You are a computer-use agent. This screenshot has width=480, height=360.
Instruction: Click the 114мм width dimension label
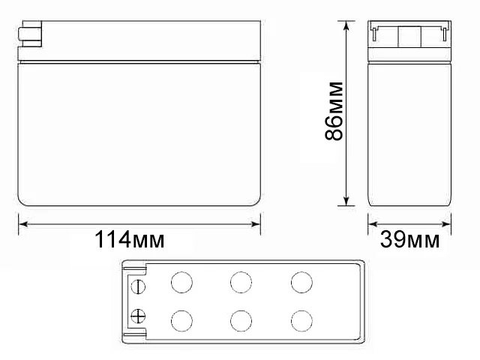click(x=129, y=240)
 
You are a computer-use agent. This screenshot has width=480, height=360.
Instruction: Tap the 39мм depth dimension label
click(x=410, y=240)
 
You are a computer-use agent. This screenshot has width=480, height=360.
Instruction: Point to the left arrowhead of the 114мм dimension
click(x=22, y=223)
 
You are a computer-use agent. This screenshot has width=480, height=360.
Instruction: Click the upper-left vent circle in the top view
click(x=181, y=283)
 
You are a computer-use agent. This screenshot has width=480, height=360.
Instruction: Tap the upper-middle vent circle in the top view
click(x=241, y=283)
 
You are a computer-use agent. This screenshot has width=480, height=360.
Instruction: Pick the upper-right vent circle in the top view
click(x=301, y=283)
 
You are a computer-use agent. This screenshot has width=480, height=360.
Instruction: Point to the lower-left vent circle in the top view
click(x=181, y=320)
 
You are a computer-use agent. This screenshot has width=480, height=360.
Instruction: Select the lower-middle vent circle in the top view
click(x=241, y=320)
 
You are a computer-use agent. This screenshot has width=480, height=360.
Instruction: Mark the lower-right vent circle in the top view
click(x=301, y=320)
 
